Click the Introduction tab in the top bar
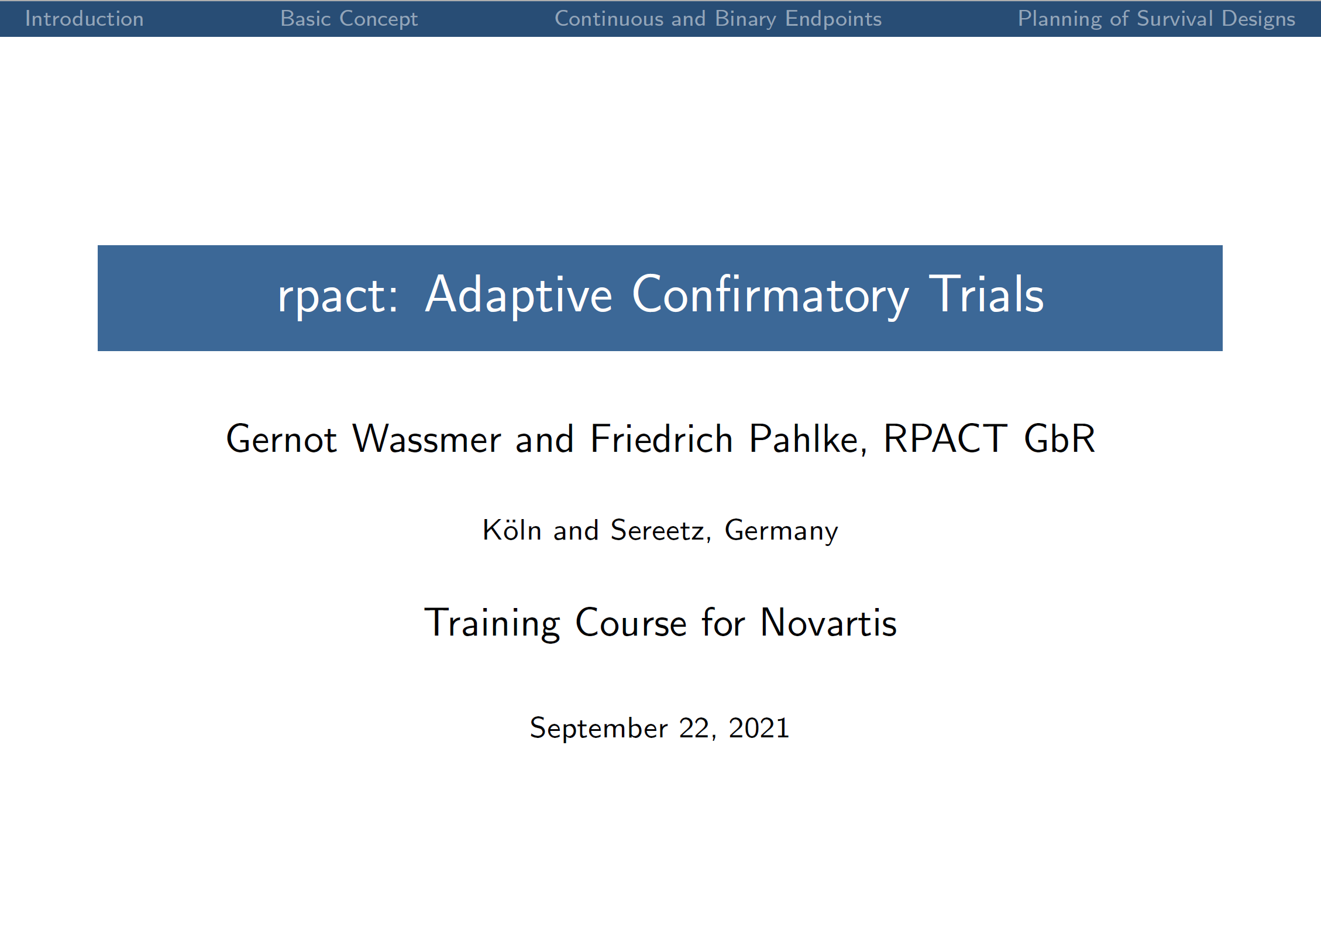point(84,19)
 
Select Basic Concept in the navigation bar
point(349,19)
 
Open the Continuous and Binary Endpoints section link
point(718,19)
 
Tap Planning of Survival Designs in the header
point(1156,19)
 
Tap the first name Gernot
point(281,439)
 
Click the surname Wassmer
point(426,439)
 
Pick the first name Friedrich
point(661,439)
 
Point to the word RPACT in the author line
point(945,439)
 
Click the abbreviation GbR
point(1059,439)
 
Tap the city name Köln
point(512,530)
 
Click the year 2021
point(759,728)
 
